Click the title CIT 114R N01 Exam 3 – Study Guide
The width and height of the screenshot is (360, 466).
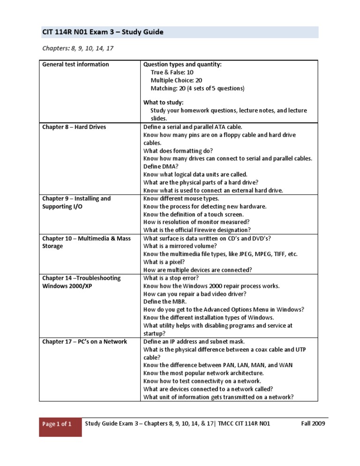103,32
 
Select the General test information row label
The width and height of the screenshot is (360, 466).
75,65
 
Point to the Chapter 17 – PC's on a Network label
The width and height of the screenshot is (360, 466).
84,342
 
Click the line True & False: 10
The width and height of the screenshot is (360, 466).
172,73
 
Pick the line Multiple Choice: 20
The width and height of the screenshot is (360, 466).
176,81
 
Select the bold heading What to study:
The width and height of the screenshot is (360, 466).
164,103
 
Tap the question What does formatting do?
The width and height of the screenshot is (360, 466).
178,151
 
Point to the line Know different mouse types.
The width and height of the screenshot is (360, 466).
181,199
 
